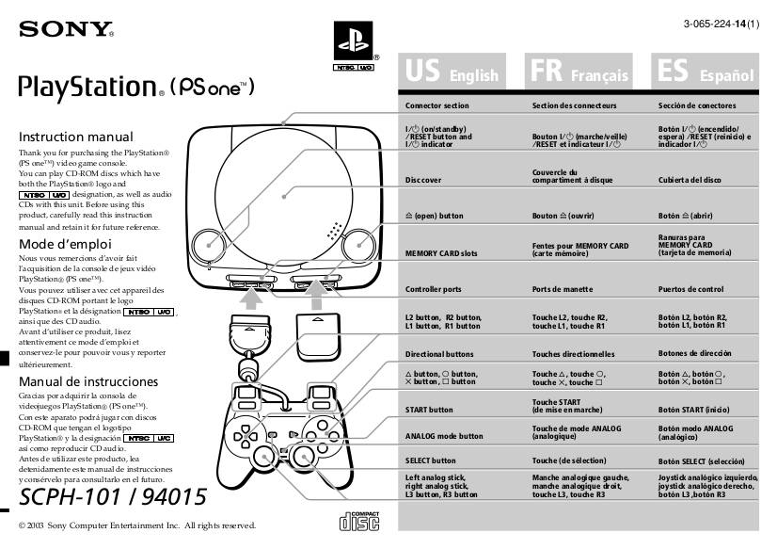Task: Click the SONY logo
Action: click(x=66, y=29)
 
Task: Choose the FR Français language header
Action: click(x=578, y=72)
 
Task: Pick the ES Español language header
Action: click(x=706, y=72)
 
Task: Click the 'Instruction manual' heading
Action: click(x=76, y=137)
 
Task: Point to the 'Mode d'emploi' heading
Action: click(x=65, y=244)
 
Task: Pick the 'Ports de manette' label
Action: click(x=562, y=289)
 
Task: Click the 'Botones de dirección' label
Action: click(x=694, y=353)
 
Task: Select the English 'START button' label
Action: click(x=429, y=411)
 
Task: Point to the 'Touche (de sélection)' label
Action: click(x=570, y=460)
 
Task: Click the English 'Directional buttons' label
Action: click(x=439, y=354)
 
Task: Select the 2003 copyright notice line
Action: click(x=137, y=525)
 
